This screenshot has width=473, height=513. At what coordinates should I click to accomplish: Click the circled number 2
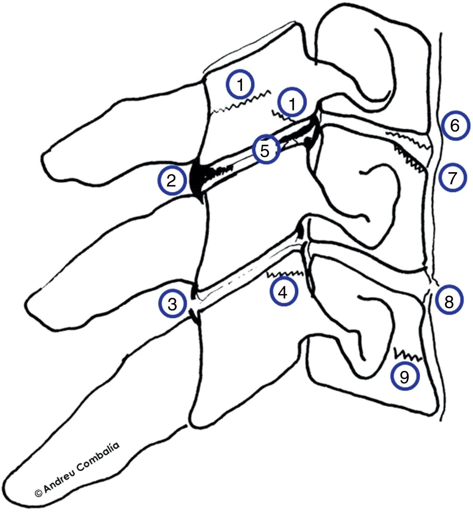(x=172, y=181)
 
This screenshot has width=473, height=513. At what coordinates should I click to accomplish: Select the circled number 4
(x=284, y=292)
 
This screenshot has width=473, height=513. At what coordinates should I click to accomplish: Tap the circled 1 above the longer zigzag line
(x=240, y=84)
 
